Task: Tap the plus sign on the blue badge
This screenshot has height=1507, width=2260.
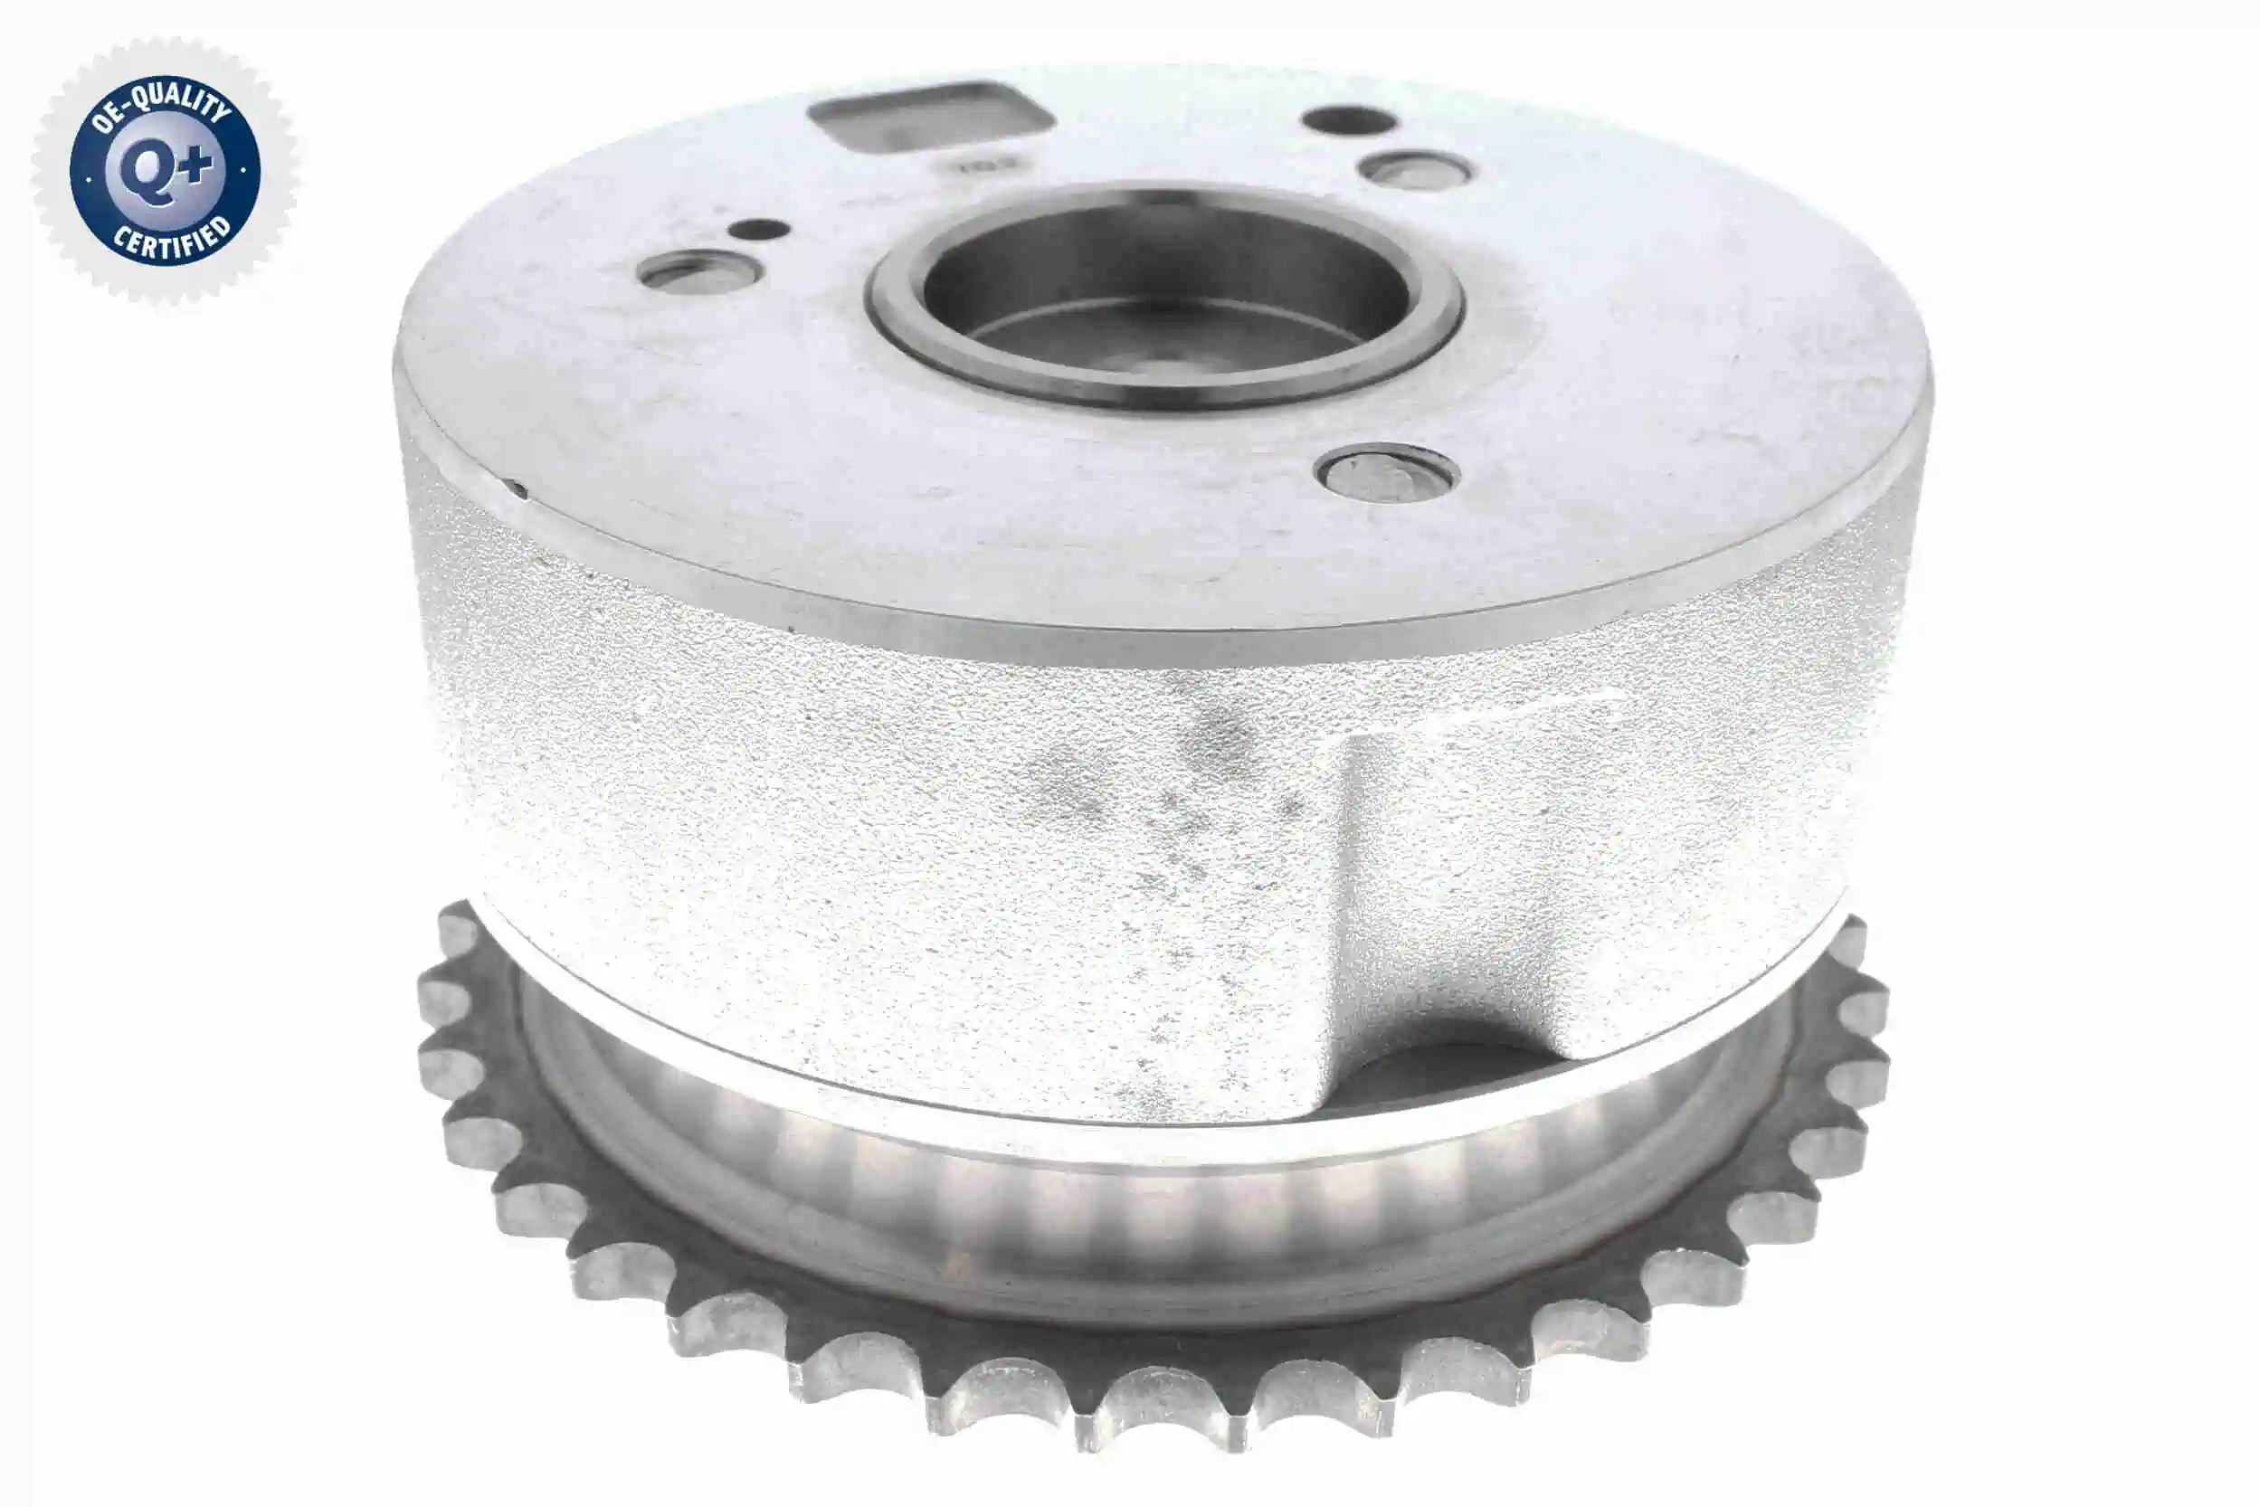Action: [x=195, y=166]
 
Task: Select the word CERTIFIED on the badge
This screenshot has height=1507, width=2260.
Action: [x=173, y=240]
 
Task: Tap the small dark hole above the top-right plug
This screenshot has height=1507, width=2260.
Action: [x=1349, y=120]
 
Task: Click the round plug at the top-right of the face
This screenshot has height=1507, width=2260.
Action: [x=1415, y=172]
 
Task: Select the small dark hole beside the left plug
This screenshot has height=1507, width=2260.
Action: [x=758, y=230]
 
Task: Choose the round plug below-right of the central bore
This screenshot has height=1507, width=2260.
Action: [x=1387, y=473]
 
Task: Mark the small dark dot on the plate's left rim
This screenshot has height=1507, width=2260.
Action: [x=519, y=489]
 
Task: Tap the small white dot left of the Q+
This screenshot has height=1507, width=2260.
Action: [x=89, y=179]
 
